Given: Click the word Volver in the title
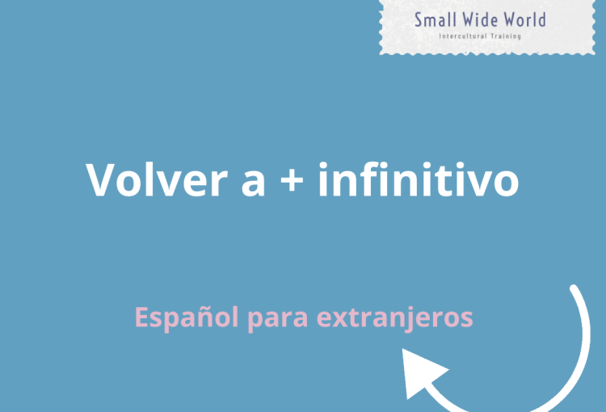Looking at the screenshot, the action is (156, 179).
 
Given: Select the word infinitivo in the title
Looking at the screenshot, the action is (419, 179).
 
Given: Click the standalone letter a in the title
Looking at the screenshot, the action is (253, 183).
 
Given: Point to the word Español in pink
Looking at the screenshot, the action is (187, 317).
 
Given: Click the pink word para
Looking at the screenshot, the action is (277, 320).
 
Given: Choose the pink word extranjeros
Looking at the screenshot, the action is (394, 317).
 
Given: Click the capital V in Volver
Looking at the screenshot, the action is (100, 179).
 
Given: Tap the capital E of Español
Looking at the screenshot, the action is (141, 317).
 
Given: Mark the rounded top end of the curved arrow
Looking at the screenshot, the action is (574, 288).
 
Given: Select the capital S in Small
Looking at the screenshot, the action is (418, 20).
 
